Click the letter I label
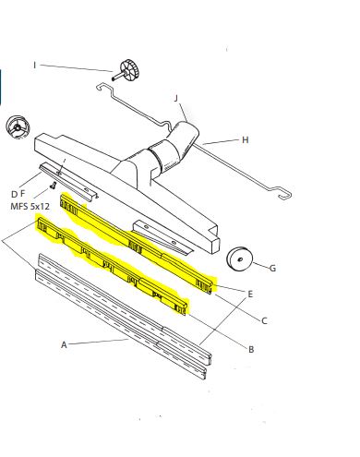[x=36, y=65]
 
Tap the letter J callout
[x=176, y=98]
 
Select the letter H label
[x=246, y=140]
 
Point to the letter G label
[x=272, y=269]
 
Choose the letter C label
[x=264, y=321]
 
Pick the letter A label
[x=65, y=344]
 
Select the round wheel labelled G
[x=240, y=259]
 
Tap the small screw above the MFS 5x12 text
[x=54, y=188]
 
